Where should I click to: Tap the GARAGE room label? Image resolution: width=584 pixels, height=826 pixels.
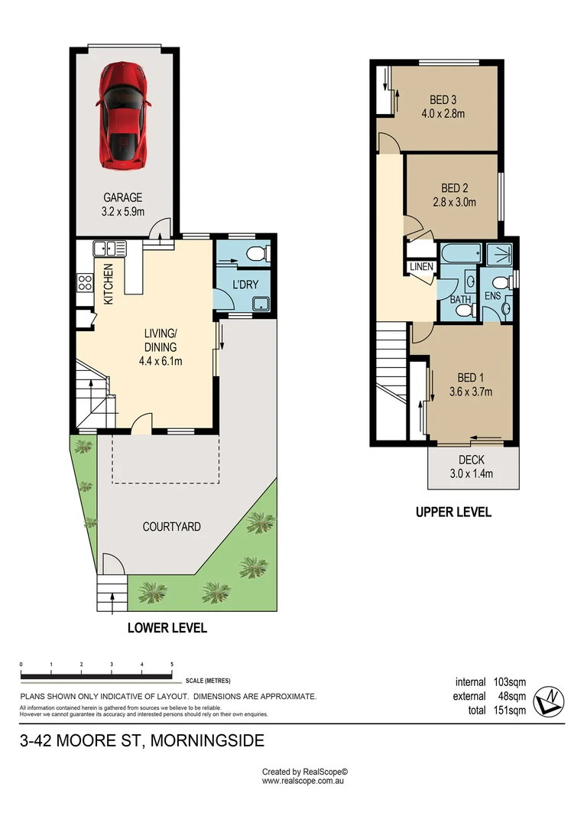point(123,197)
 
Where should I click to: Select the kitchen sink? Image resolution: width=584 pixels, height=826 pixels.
point(109,248)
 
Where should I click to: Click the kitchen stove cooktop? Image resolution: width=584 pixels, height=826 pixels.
point(84,283)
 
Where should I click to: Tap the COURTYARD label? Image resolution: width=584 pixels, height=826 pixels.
point(171,526)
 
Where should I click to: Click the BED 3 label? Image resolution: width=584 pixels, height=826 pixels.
point(443,99)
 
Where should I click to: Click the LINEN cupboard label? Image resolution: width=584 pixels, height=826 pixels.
point(421,267)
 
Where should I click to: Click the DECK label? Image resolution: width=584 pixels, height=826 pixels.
point(471,460)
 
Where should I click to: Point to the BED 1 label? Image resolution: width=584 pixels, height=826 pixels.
point(470,378)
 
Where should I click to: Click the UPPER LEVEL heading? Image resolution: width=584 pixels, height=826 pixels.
point(453,512)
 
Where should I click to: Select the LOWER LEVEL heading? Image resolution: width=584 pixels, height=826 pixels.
point(167,628)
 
